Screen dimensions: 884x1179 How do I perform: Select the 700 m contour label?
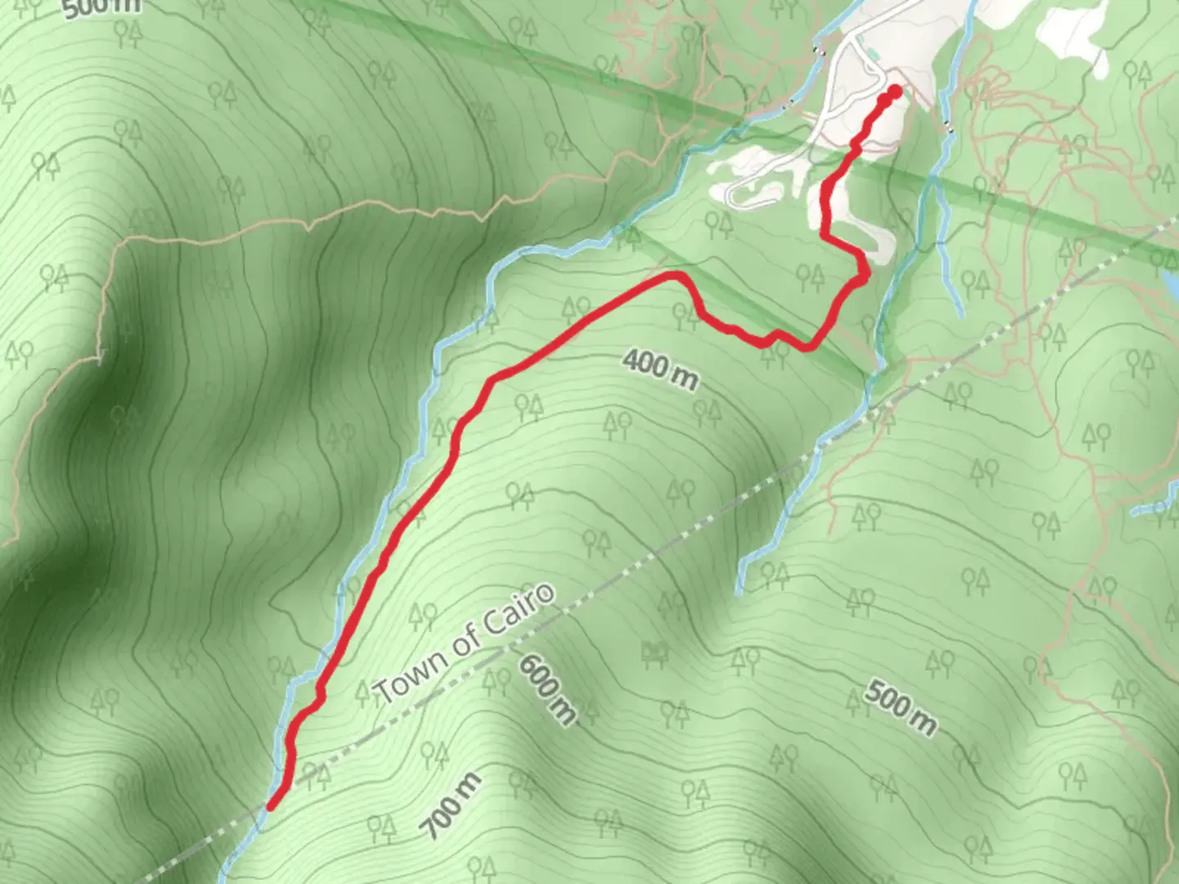point(452,805)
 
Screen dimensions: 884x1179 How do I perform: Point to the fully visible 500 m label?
point(900,708)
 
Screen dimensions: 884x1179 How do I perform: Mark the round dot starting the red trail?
point(894,92)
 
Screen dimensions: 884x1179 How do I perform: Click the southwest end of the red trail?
point(271,806)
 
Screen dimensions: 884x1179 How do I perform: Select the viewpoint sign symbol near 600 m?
point(654,652)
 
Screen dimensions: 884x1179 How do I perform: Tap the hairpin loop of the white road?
point(731,195)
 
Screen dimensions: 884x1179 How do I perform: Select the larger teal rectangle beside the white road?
point(874,56)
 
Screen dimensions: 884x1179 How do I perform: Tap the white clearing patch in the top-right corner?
point(1073,37)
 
